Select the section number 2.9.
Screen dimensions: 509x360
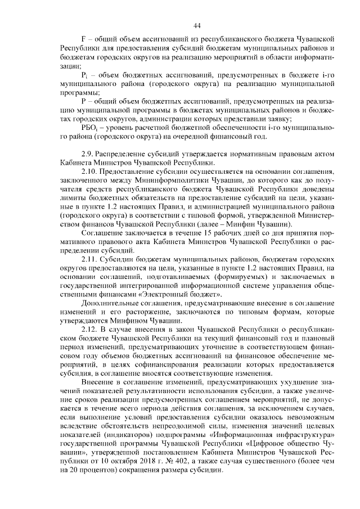point(89,153)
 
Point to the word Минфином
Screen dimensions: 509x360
point(120,316)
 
